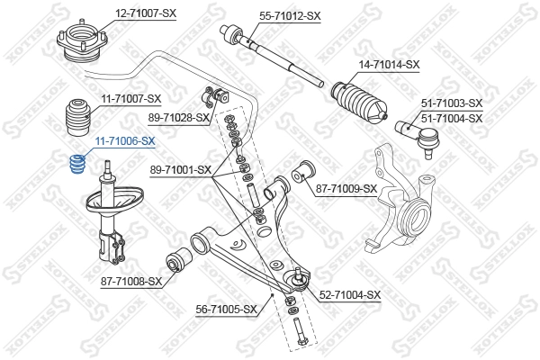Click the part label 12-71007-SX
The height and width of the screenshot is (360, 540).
coord(143,13)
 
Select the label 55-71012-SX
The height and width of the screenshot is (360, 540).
coord(290,15)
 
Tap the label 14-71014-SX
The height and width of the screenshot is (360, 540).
coord(389,64)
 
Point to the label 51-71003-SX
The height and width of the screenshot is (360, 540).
coord(453,103)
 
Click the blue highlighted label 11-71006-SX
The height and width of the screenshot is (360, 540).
coord(125,141)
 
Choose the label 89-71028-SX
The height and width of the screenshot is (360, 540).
coord(179,117)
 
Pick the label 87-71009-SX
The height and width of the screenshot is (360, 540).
coord(346,189)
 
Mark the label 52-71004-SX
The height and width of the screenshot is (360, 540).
coord(350,294)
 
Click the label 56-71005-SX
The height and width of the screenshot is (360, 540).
coord(227,310)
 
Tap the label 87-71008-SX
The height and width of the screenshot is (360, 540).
coord(130,282)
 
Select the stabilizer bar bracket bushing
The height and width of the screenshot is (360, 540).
coord(219,94)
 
